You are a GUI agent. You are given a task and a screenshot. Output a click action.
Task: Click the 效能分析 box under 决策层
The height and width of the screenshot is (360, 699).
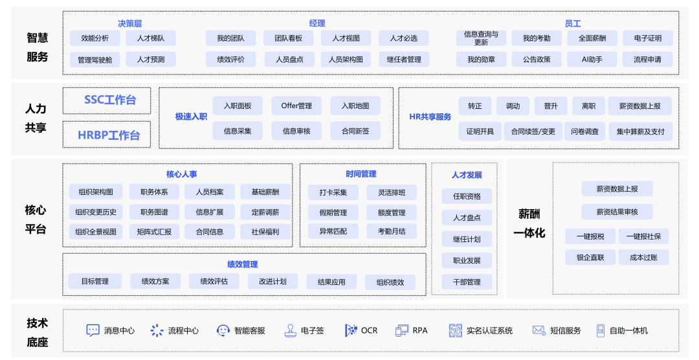coord(95,38)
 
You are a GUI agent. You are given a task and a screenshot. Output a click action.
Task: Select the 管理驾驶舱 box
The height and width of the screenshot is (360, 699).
coord(95,60)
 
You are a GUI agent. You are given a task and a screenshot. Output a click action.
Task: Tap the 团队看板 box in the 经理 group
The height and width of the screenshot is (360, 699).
coord(289,38)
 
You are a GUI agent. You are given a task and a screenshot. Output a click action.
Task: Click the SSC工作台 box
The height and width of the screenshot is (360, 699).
coord(107,100)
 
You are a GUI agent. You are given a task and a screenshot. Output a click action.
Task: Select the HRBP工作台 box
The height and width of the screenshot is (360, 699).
coord(107,135)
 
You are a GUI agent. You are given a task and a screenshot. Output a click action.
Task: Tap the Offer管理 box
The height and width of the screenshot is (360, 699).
coord(296,106)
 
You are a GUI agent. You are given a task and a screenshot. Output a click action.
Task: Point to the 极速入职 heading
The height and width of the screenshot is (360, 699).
coord(191,117)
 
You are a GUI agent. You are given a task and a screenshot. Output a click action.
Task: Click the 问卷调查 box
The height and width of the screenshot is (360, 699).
coord(584,131)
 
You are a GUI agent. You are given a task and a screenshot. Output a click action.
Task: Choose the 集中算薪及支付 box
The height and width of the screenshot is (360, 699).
coord(640,131)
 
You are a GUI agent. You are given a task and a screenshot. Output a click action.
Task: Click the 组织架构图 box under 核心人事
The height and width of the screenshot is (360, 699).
coord(96,192)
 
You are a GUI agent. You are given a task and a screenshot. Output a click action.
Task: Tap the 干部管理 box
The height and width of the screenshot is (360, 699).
coord(467,282)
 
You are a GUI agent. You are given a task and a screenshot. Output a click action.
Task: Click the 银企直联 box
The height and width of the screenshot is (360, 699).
coord(590,257)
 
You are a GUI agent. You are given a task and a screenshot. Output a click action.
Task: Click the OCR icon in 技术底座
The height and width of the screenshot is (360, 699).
coord(351,330)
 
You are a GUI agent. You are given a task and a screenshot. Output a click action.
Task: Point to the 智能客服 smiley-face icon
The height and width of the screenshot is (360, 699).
coord(223,330)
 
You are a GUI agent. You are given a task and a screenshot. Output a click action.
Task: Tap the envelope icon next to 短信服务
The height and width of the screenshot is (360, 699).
coord(538,330)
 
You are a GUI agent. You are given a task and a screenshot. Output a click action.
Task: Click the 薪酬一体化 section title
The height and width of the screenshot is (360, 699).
coord(529,223)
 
